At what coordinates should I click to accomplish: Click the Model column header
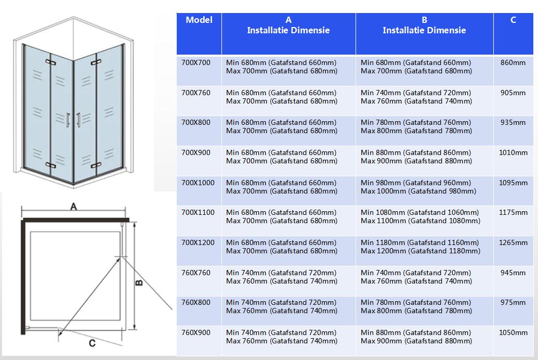199,20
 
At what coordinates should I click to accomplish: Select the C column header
513,20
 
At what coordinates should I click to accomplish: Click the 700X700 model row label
196,63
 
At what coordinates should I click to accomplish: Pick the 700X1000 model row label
198,183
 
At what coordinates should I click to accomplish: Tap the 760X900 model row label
196,332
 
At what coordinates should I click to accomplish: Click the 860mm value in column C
513,63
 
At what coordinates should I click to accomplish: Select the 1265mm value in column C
513,242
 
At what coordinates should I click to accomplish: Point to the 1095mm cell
513,183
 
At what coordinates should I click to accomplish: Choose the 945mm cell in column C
513,273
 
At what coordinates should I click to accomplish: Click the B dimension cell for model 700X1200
420,247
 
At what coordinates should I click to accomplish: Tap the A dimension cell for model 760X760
282,277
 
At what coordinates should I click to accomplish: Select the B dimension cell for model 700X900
416,157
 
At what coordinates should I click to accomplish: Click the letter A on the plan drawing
74,207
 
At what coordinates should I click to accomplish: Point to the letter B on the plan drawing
139,282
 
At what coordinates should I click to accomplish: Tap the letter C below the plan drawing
92,343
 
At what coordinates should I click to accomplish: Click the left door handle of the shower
68,119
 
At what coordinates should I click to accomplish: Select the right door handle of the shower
78,119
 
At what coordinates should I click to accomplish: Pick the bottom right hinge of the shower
96,165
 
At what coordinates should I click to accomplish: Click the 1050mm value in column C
513,332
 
